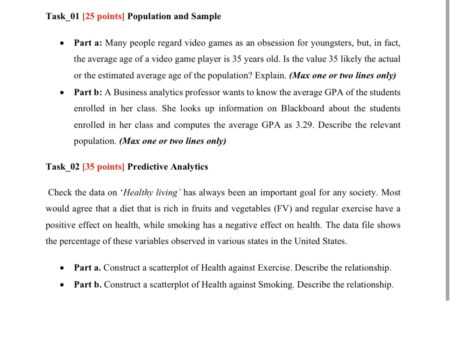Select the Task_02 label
(x=62, y=167)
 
